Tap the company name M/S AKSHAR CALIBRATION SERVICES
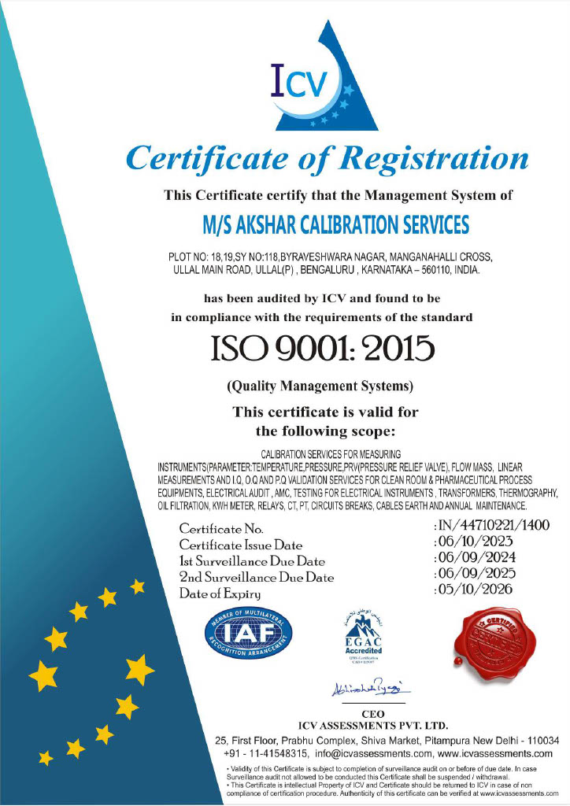click(335, 225)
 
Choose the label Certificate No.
click(227, 528)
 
